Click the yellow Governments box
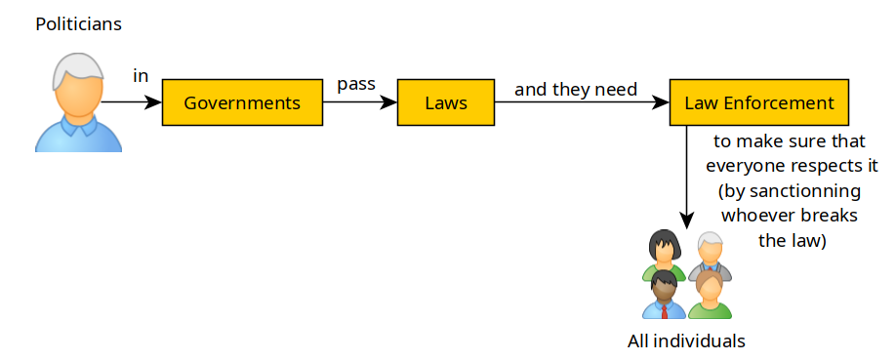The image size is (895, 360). (x=242, y=102)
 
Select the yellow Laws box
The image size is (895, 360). (x=446, y=102)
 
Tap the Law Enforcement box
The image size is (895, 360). (x=759, y=102)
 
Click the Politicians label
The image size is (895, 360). (x=79, y=24)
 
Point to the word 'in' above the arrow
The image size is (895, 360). (x=141, y=76)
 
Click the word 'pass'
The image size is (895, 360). (x=356, y=84)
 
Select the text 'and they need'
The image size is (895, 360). (x=576, y=90)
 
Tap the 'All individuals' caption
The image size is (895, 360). (x=687, y=341)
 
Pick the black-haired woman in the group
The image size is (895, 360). (x=664, y=255)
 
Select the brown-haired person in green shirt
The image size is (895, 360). (x=710, y=295)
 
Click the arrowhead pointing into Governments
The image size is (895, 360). (x=154, y=102)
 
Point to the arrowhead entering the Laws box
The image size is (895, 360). (x=389, y=102)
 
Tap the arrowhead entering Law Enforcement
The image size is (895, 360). (x=662, y=102)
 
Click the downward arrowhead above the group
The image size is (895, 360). (x=687, y=221)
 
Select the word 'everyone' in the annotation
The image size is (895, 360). (x=746, y=166)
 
